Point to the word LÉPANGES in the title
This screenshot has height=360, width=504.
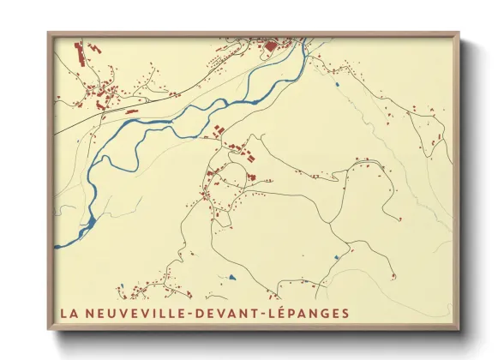(x=311, y=313)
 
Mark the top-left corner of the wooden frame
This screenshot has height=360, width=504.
(x=48, y=33)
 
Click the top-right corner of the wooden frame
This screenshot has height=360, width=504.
(x=460, y=33)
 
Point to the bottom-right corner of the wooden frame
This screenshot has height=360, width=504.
(x=460, y=330)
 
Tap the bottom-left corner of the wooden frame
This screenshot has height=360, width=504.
(x=48, y=330)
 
